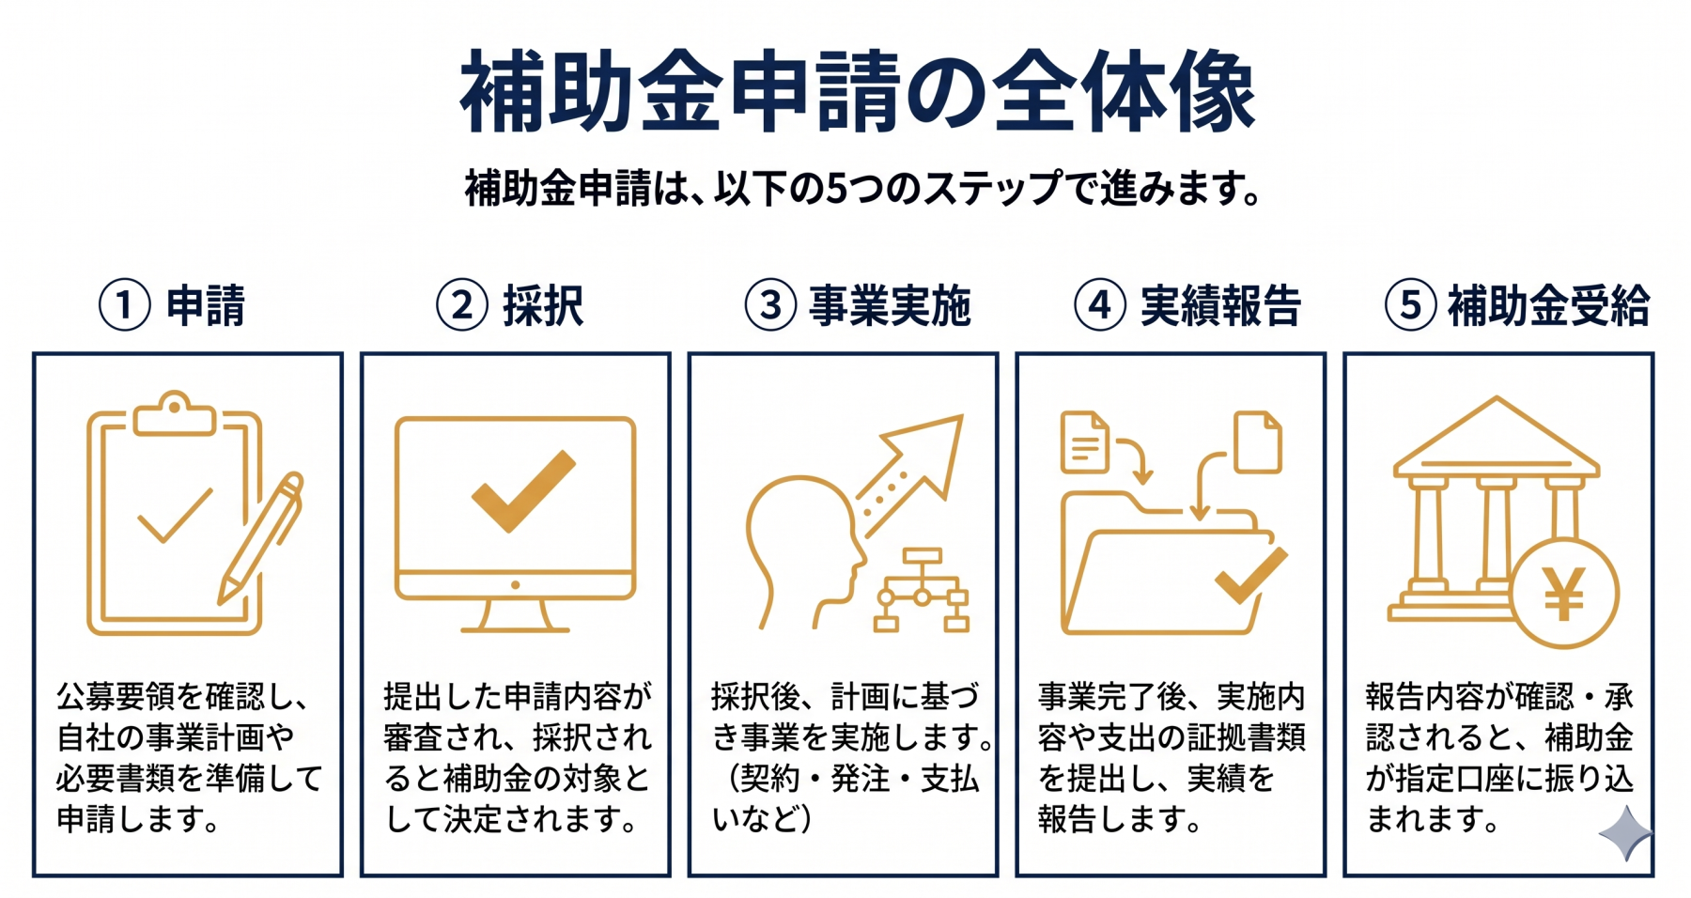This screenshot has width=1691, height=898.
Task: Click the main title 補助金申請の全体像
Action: (x=858, y=92)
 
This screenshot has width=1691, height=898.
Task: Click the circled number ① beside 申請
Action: (x=125, y=305)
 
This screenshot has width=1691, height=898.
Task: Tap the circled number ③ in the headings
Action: (x=770, y=305)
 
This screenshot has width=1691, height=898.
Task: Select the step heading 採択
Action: (x=543, y=305)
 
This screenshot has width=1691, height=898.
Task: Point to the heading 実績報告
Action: (x=1219, y=305)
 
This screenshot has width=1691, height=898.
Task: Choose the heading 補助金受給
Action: (x=1548, y=305)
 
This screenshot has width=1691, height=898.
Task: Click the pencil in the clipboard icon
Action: (x=261, y=537)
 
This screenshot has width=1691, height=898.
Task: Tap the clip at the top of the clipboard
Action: (x=174, y=414)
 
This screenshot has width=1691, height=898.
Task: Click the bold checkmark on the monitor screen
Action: (x=522, y=491)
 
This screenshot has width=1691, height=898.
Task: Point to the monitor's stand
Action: (x=515, y=616)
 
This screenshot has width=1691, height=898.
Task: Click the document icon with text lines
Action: (x=1084, y=441)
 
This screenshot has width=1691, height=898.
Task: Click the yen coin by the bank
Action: (x=1564, y=594)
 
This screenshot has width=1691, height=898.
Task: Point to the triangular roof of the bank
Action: (x=1497, y=436)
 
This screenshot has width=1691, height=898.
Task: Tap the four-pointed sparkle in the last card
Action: (x=1625, y=833)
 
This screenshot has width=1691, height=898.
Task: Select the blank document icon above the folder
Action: (x=1258, y=441)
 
